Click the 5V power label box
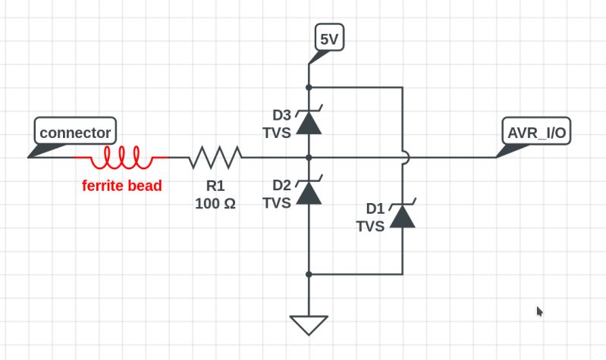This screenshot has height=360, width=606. coord(329,39)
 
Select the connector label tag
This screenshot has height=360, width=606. coord(75,133)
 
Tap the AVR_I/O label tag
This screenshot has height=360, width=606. coord(536,133)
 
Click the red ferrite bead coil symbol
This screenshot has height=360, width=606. coord(121,158)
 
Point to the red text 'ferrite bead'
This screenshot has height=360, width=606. coord(122,186)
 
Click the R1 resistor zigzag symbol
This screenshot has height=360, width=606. coord(216,158)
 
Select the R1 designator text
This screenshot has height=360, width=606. coord(215,186)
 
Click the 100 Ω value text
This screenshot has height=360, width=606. coord(215,203)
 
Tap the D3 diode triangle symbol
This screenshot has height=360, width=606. coord(309,122)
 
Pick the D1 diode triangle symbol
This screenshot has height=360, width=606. coord(402,216)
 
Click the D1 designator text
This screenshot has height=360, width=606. coord(375,208)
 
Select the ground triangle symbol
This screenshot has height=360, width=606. coord(309,324)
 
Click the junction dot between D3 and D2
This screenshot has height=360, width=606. coord(309,158)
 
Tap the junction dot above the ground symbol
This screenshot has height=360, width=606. coord(309,274)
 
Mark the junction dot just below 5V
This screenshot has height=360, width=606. coord(309,87)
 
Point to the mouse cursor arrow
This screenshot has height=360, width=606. coord(539,311)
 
